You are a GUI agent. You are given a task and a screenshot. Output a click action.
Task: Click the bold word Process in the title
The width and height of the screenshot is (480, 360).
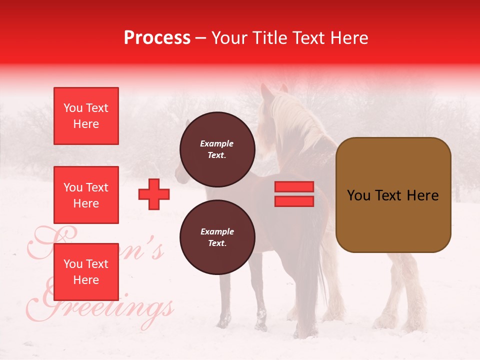pos(157,37)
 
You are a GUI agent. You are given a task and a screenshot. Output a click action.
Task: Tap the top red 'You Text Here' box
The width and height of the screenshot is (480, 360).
pos(86,116)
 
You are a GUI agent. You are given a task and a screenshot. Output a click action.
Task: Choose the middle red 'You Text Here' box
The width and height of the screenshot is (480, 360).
pos(86,195)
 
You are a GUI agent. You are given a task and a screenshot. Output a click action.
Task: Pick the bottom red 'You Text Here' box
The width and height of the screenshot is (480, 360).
pos(86,271)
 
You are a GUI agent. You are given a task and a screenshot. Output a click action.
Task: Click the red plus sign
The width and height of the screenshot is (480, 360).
pos(154,194)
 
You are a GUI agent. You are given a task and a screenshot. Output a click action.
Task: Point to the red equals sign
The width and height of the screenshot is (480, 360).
pos(294,194)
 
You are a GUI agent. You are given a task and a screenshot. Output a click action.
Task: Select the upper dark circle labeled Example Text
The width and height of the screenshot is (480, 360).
pos(217,149)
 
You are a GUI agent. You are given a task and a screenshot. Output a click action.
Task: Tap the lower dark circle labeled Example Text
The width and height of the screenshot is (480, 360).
pos(217,237)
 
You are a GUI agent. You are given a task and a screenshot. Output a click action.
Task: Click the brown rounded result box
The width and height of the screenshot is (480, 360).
pos(393,195)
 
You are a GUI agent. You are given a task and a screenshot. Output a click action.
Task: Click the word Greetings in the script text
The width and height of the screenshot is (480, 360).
pos(107,305)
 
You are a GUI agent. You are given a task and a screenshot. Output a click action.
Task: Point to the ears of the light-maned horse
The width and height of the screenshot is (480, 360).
pos(274,90)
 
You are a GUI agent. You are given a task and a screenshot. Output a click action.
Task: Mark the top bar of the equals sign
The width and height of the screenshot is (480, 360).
pos(294,187)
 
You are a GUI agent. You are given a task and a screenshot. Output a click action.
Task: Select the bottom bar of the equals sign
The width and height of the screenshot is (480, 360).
pos(294,201)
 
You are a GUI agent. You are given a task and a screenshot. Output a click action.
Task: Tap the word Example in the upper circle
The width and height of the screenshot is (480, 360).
pos(217,143)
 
